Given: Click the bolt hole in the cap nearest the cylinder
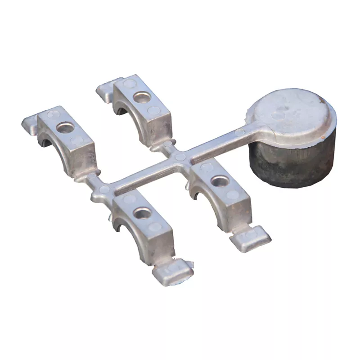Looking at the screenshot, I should pos(219,181).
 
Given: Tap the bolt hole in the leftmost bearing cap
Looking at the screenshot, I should pos(65,128).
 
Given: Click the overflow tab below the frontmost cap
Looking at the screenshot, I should pos(173,272).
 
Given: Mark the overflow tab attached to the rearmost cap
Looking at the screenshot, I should pos(105,89).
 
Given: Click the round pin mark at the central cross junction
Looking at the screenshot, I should pos(180,157).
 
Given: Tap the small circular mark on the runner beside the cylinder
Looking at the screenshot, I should pos(240,132).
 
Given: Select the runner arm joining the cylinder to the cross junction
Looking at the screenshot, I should pos(216,144).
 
